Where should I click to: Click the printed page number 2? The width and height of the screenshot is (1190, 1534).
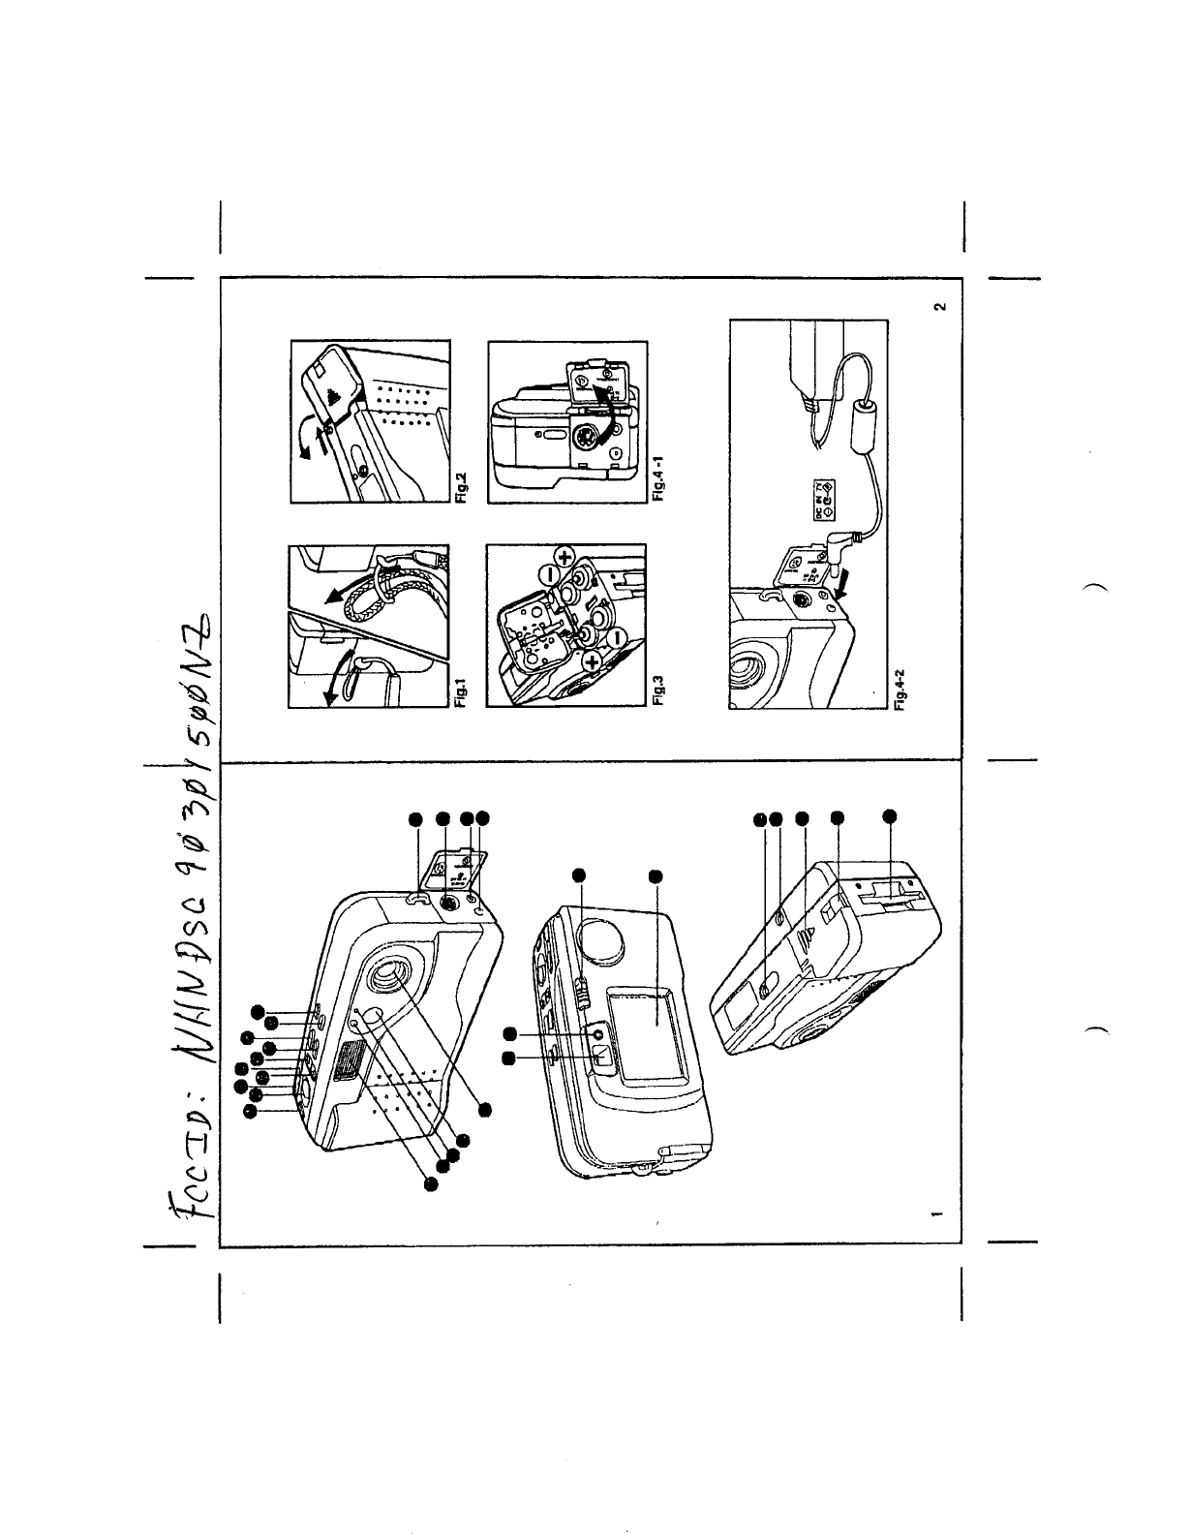point(938,309)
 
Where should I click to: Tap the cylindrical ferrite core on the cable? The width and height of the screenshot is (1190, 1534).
point(863,426)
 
